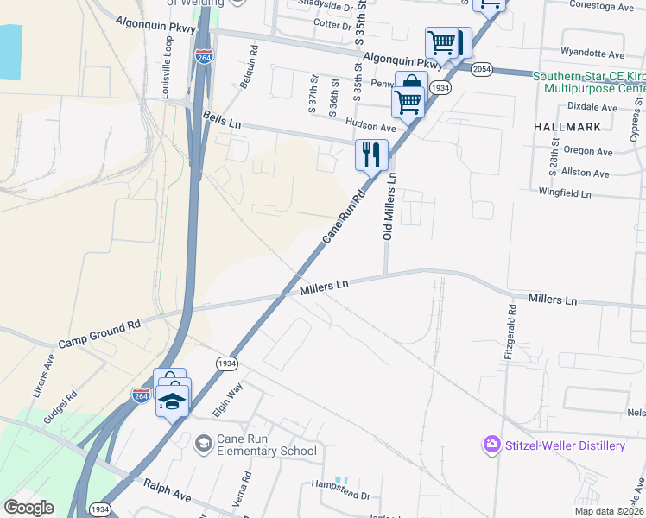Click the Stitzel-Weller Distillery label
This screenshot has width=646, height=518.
point(565,445)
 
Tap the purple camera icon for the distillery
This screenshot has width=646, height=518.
point(491,445)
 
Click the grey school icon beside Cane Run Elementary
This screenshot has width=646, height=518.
point(203,444)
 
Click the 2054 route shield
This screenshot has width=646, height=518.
point(482,68)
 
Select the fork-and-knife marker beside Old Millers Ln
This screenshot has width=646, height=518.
point(371,156)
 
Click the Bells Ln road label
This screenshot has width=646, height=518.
point(222,119)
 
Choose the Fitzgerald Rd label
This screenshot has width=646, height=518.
point(510,332)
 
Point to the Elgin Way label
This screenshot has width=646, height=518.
point(226,403)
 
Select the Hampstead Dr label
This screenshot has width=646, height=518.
point(341,496)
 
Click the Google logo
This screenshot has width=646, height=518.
point(28,508)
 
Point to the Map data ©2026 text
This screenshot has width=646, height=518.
point(609,511)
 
